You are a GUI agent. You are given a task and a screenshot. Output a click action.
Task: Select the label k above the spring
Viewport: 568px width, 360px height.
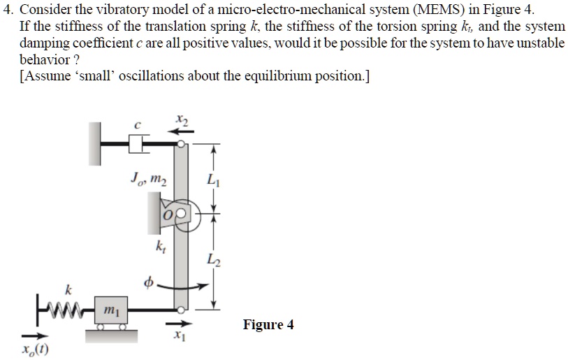pyautogui.click(x=68, y=288)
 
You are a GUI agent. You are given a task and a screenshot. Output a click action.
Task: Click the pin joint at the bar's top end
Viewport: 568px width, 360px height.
pyautogui.click(x=181, y=143)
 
